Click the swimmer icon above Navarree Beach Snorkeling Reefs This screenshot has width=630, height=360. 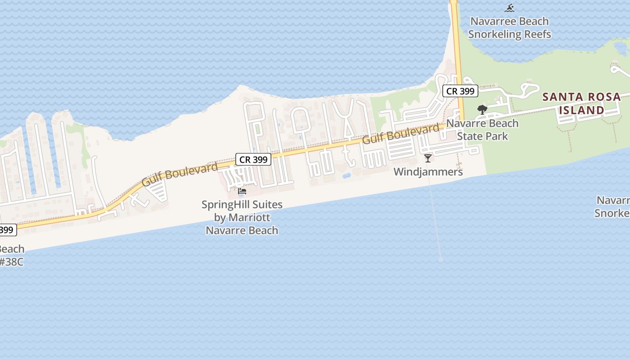click(509, 8)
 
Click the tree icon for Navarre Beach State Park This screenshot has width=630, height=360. click(482, 109)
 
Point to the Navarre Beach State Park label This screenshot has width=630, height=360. click(482, 130)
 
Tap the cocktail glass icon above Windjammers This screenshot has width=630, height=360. click(427, 158)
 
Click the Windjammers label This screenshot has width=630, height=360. click(428, 172)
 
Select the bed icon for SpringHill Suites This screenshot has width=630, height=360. click(242, 191)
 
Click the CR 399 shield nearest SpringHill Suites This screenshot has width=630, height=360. click(253, 159)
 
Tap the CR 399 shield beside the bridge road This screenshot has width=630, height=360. click(460, 91)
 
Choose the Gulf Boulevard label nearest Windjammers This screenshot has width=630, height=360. click(400, 134)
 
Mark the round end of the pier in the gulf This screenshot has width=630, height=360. click(441, 259)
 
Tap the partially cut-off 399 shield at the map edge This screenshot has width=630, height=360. click(7, 230)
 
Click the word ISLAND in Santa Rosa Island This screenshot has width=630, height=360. click(585, 110)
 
